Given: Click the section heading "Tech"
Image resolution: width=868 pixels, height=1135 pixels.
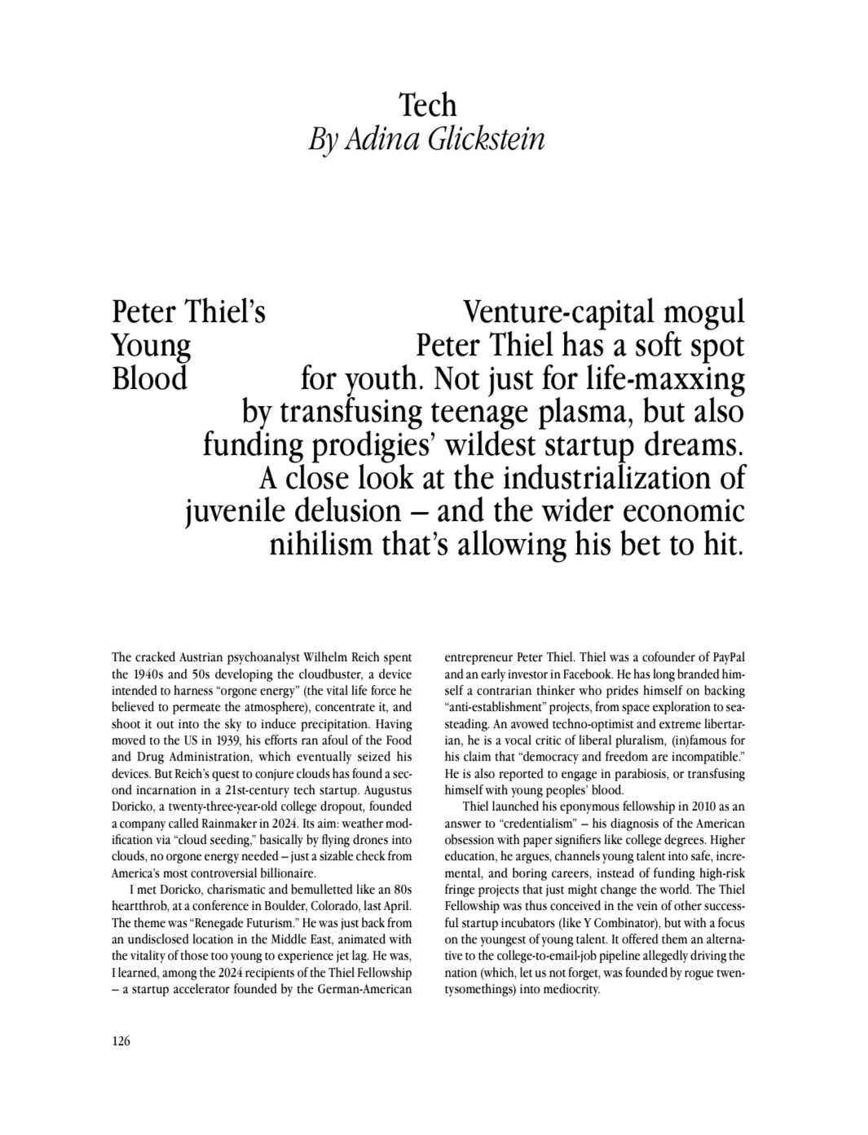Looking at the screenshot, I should (427, 105).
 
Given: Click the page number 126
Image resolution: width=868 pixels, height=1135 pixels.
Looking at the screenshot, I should (121, 1040).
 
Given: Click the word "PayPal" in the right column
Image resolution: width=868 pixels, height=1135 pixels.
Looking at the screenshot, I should (729, 657).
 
